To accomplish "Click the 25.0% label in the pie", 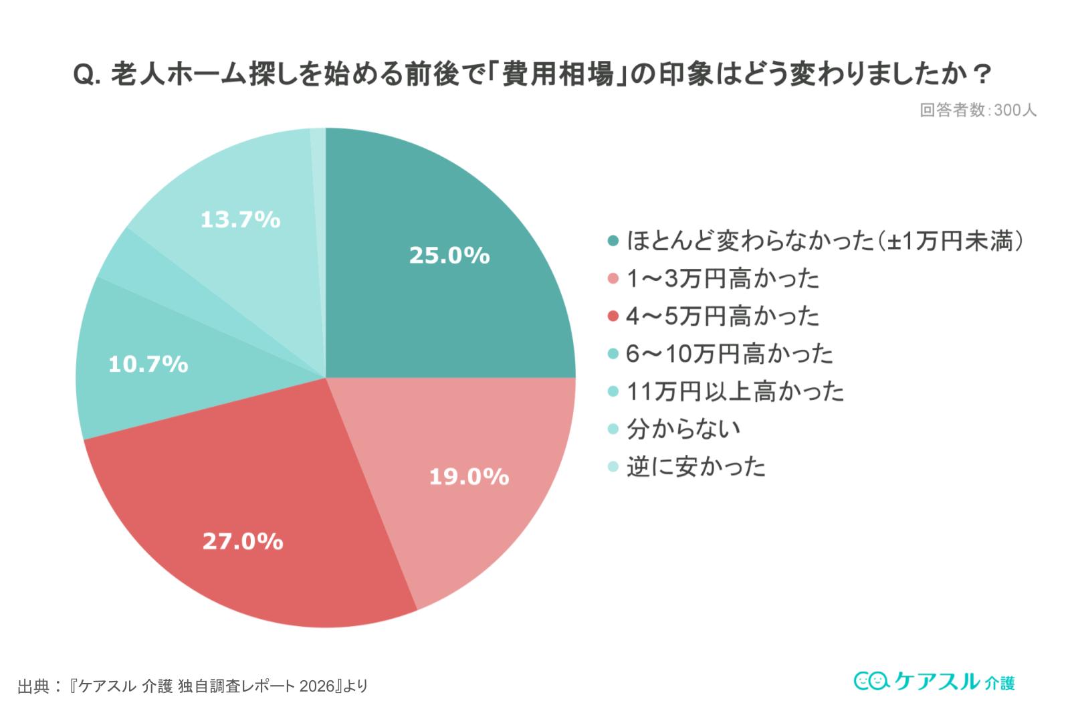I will [449, 255].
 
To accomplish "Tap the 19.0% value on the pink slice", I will [469, 476].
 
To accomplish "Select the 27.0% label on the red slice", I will [243, 540].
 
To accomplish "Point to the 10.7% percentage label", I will [148, 364].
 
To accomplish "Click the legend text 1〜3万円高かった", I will [722, 278].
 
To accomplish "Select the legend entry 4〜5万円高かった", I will [722, 316].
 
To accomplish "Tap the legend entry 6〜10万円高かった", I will [730, 353].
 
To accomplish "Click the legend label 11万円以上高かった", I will [735, 391].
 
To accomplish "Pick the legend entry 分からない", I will [683, 428].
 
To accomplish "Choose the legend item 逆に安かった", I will [695, 466].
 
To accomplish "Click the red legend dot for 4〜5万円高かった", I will [613, 316].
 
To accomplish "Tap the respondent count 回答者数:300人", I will [978, 110].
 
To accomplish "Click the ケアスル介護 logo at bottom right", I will [934, 682].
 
